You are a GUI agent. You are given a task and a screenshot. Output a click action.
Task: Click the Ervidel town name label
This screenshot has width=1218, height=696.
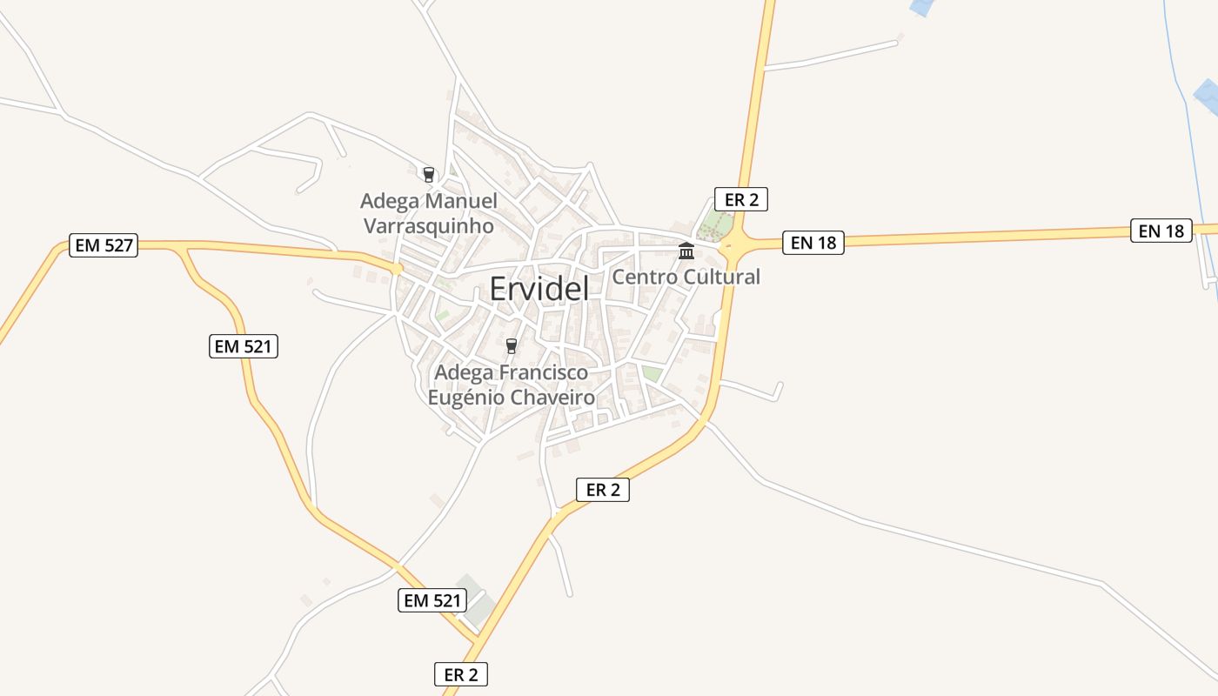point(539,289)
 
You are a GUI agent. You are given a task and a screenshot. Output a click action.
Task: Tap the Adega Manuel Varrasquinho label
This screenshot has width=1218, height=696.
point(428,213)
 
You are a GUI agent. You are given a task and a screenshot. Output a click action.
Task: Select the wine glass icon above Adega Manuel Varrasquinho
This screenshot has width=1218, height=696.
point(428,174)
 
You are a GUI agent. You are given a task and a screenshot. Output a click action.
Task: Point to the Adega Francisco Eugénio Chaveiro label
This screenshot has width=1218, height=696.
point(512,385)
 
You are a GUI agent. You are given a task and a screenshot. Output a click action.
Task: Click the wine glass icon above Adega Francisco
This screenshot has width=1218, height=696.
point(512,346)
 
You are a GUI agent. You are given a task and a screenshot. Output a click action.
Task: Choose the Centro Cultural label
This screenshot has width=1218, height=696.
point(686,277)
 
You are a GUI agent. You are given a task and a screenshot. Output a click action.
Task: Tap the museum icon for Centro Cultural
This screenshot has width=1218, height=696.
point(686,251)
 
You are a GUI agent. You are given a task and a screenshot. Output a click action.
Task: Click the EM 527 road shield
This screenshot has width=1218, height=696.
point(104,245)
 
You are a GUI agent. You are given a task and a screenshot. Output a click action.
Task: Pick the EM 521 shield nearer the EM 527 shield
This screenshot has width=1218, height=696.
point(244,346)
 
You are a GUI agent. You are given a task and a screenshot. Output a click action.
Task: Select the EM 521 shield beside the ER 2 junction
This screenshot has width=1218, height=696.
point(432,600)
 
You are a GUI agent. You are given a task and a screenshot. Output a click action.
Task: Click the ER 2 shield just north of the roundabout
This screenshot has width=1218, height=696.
point(741,199)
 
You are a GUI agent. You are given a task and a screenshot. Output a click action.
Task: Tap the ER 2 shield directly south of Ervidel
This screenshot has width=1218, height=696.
point(603,490)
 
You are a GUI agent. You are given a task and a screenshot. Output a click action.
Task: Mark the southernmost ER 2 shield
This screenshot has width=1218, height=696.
point(461,674)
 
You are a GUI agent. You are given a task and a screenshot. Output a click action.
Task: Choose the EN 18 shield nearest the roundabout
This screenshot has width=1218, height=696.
point(813,243)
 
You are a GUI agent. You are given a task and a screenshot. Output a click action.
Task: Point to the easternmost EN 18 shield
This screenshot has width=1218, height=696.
point(1161,231)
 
